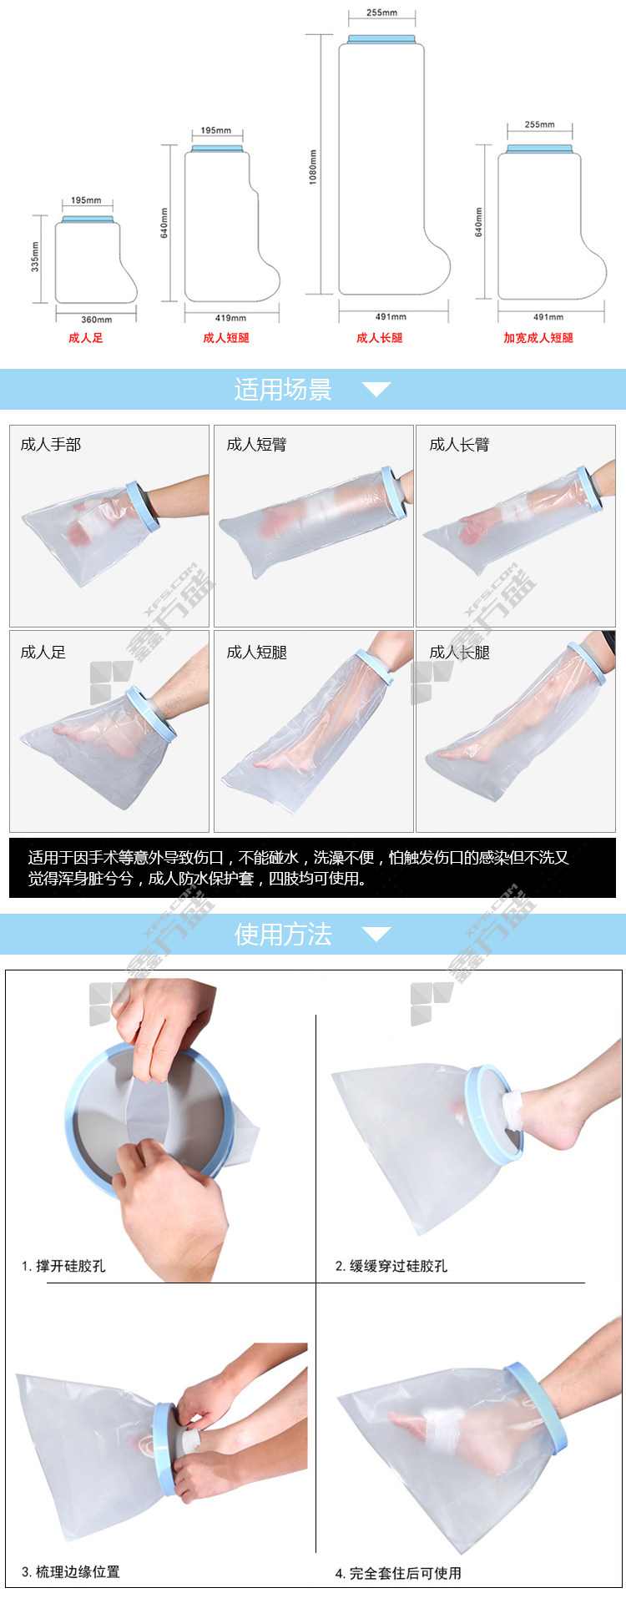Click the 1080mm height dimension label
[x=313, y=167]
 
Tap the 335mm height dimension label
[x=35, y=257]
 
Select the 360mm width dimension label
[x=96, y=320]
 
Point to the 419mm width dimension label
[x=230, y=318]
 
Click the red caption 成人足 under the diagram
[x=86, y=338]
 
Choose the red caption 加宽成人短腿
[x=538, y=338]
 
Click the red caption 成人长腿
[x=380, y=338]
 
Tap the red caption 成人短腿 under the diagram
[x=226, y=338]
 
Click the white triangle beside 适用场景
[x=376, y=389]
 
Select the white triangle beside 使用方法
[x=376, y=934]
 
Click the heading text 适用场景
[x=283, y=390]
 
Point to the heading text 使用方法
[x=283, y=935]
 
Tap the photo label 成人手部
[x=51, y=445]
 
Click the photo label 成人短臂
[x=257, y=445]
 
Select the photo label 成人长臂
[x=460, y=445]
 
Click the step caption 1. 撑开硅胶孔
[x=63, y=1266]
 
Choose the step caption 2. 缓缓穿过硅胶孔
[x=391, y=1266]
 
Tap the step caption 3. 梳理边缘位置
[x=71, y=1572]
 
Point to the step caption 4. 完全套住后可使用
[x=398, y=1574]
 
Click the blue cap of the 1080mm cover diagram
[x=381, y=39]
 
